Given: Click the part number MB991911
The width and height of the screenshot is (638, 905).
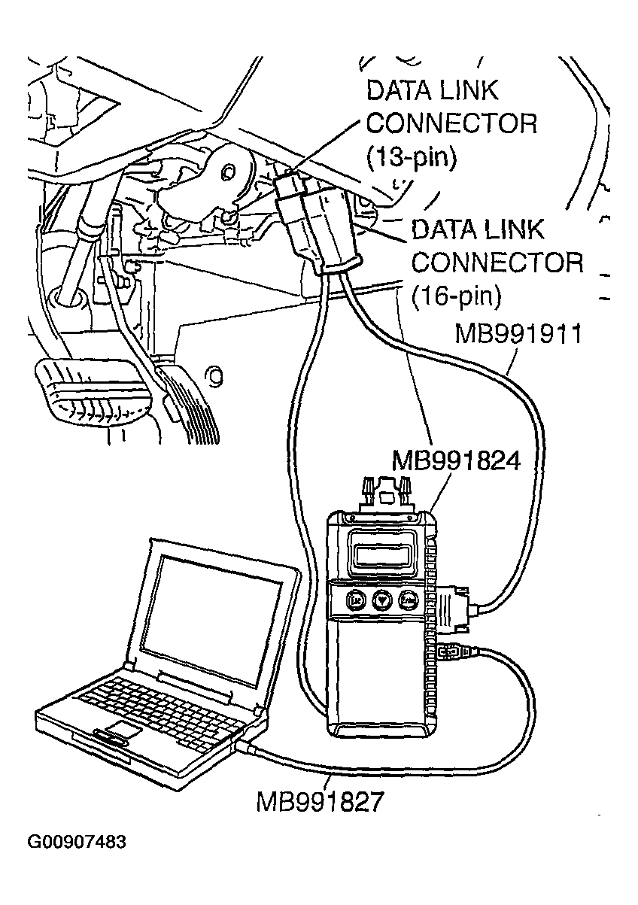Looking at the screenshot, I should coord(518,334).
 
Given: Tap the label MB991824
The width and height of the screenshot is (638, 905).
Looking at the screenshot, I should coord(456,460).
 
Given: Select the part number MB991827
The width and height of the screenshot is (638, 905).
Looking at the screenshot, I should coord(321,800).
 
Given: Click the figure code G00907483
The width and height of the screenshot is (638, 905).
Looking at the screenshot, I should coord(77,841).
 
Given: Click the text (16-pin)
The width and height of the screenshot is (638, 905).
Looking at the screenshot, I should coord(457,295).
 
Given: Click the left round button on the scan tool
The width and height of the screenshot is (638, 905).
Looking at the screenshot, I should coord(354,600).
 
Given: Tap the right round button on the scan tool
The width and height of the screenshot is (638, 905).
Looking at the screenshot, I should coord(409,600).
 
